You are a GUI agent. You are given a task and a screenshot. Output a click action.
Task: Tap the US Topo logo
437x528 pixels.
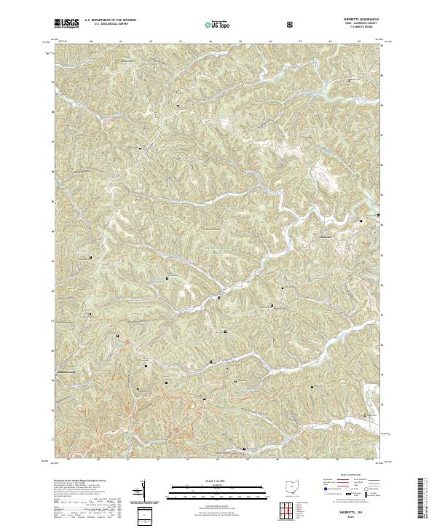[218, 24]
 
